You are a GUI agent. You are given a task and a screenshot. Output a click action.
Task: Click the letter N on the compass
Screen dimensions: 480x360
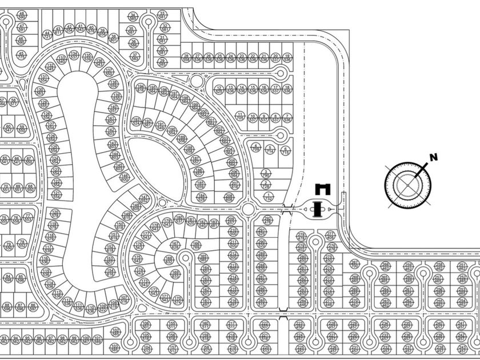tap(433, 157)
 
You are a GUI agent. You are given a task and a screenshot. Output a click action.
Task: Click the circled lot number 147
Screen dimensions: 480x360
tap(145, 198)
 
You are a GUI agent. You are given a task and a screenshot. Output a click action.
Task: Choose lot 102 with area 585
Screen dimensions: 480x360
tap(115, 331)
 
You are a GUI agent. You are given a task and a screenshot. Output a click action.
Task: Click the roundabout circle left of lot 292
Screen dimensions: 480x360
tap(248, 210)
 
